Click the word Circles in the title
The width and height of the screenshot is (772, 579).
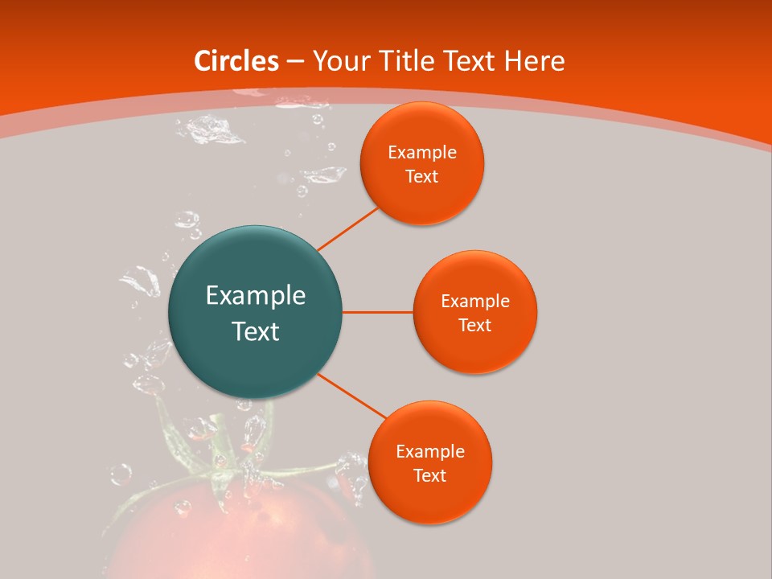point(236,61)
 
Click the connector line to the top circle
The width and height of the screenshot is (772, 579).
point(348,228)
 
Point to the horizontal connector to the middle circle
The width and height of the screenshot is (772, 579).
point(377,312)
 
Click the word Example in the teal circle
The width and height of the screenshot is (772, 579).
point(255,296)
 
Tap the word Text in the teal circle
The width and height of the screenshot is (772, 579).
point(255,331)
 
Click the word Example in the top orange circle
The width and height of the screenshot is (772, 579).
point(421,153)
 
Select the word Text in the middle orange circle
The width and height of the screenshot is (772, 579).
point(474,325)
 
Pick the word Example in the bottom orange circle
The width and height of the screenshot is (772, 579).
point(429,452)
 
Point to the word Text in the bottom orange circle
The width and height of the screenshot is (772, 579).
point(429,476)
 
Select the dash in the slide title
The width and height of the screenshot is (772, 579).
point(295,62)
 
